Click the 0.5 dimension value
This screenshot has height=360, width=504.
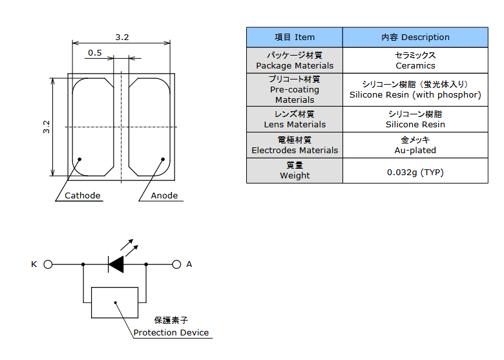click(95, 53)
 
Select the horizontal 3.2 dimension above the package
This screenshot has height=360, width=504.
click(122, 37)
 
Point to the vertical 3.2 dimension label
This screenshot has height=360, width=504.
click(47, 127)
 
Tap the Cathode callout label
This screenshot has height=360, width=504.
click(82, 195)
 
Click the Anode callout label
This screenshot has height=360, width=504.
click(164, 195)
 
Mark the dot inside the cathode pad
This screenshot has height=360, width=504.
click(79, 159)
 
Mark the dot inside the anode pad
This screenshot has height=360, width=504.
click(163, 159)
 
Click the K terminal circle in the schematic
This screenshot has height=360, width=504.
click(48, 264)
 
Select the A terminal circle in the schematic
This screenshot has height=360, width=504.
click(176, 264)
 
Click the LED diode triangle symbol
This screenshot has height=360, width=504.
click(116, 264)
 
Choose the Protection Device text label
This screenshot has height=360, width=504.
click(171, 332)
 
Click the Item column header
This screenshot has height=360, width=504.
click(295, 37)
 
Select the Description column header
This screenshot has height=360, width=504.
click(415, 37)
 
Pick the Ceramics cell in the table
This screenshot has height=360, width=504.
click(415, 60)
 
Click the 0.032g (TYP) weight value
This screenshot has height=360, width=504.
click(415, 173)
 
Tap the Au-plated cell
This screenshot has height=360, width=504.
click(415, 145)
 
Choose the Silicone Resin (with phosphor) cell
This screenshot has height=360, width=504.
click(415, 90)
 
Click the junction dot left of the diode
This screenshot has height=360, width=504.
click(83, 264)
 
